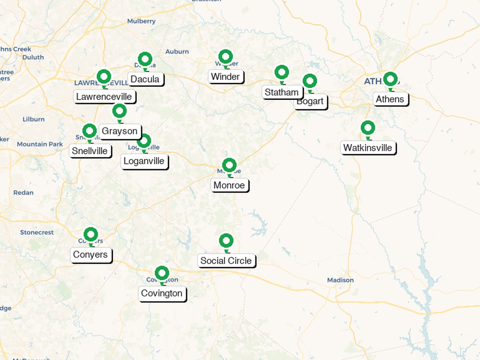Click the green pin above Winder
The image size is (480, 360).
click(x=226, y=57)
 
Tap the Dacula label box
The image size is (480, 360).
click(x=145, y=79)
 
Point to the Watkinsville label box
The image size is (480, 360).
click(x=368, y=148)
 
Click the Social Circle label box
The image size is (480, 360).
click(x=226, y=261)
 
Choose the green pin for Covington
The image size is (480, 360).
click(x=162, y=274)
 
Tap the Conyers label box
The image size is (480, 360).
click(x=90, y=255)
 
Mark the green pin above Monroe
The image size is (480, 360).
click(x=229, y=165)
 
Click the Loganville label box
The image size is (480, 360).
click(x=144, y=161)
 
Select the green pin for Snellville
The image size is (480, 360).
click(x=90, y=131)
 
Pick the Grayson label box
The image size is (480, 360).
click(x=120, y=131)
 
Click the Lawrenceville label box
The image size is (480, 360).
click(x=104, y=96)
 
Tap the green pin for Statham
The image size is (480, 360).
click(x=282, y=73)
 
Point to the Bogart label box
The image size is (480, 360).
click(x=310, y=101)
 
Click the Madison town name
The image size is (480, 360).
click(x=340, y=280)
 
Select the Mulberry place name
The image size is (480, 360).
click(x=141, y=21)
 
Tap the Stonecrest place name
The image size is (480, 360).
click(x=37, y=232)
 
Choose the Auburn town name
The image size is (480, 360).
click(x=177, y=52)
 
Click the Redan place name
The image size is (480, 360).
click(x=24, y=193)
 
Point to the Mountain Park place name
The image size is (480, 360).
click(x=40, y=144)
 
